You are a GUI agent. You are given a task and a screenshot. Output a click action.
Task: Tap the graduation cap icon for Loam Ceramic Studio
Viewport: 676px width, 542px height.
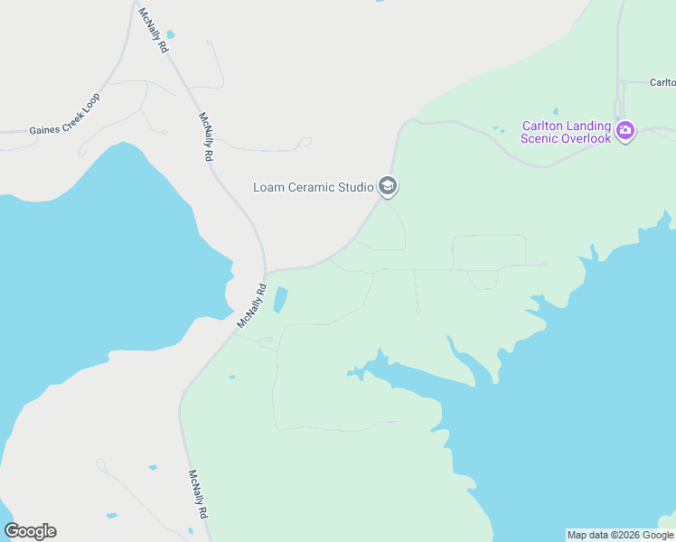388,186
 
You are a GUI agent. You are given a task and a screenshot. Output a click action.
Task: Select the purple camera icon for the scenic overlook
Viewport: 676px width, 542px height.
624,132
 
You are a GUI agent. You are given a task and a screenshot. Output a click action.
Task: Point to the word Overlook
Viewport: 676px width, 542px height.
587,138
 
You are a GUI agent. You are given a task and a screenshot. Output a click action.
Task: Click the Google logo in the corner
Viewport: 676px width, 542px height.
30,531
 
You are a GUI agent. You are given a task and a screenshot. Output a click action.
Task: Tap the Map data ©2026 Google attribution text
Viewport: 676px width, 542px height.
620,535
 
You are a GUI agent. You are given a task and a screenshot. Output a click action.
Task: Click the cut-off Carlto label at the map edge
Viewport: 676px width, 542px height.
662,82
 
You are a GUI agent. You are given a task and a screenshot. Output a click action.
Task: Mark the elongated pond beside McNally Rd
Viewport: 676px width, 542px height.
280,300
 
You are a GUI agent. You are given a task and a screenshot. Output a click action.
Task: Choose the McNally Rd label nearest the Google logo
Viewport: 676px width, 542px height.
198,494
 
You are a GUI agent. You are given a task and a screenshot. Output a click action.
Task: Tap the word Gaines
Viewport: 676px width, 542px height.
44,128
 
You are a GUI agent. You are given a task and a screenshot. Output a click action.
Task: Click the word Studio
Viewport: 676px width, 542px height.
355,188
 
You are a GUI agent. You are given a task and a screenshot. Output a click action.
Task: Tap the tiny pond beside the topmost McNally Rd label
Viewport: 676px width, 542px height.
170,34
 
